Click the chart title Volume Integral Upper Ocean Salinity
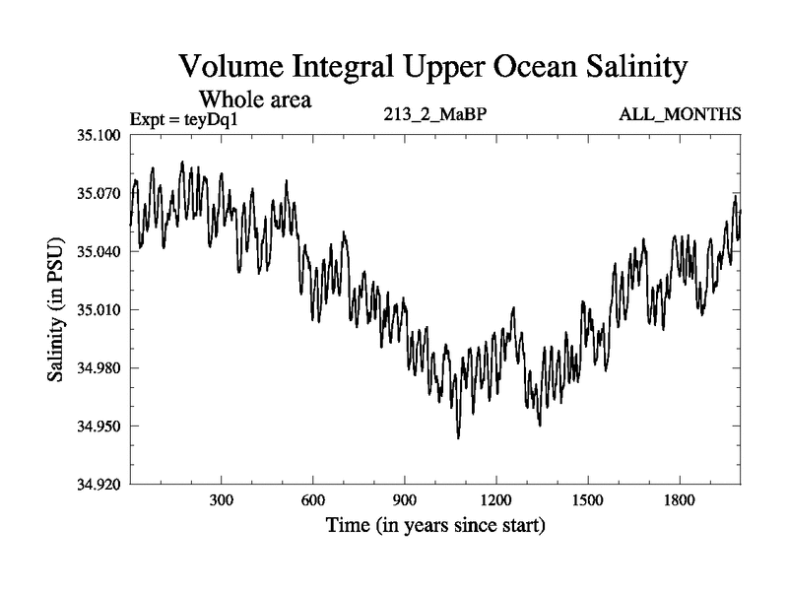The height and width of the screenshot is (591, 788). pos(431,69)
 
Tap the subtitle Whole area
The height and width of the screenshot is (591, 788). pos(256,98)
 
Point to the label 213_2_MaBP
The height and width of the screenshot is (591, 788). pos(434,114)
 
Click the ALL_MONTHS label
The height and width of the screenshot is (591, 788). pos(680,114)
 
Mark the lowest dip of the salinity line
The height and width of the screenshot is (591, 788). pos(458,437)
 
